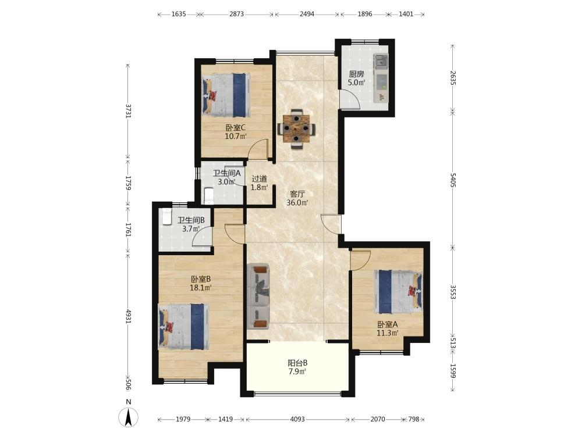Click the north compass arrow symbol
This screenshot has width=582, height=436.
[129, 417]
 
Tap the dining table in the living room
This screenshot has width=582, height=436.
[296, 128]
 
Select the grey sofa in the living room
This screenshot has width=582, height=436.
[258, 296]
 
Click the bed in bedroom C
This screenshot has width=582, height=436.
[226, 95]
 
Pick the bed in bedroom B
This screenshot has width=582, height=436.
[183, 327]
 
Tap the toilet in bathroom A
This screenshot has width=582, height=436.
[209, 195]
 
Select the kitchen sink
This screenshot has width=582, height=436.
[381, 61]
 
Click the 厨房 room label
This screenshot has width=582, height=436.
[356, 74]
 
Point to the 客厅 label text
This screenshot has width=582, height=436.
[297, 194]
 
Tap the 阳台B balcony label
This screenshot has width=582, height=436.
[297, 363]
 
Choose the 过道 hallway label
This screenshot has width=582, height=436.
[259, 178]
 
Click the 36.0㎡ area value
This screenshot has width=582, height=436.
[297, 203]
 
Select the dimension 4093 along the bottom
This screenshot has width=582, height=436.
[297, 419]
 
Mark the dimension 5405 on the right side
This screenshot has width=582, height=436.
[452, 180]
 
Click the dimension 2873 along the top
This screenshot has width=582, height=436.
[236, 14]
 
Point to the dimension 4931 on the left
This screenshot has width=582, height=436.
[129, 316]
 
